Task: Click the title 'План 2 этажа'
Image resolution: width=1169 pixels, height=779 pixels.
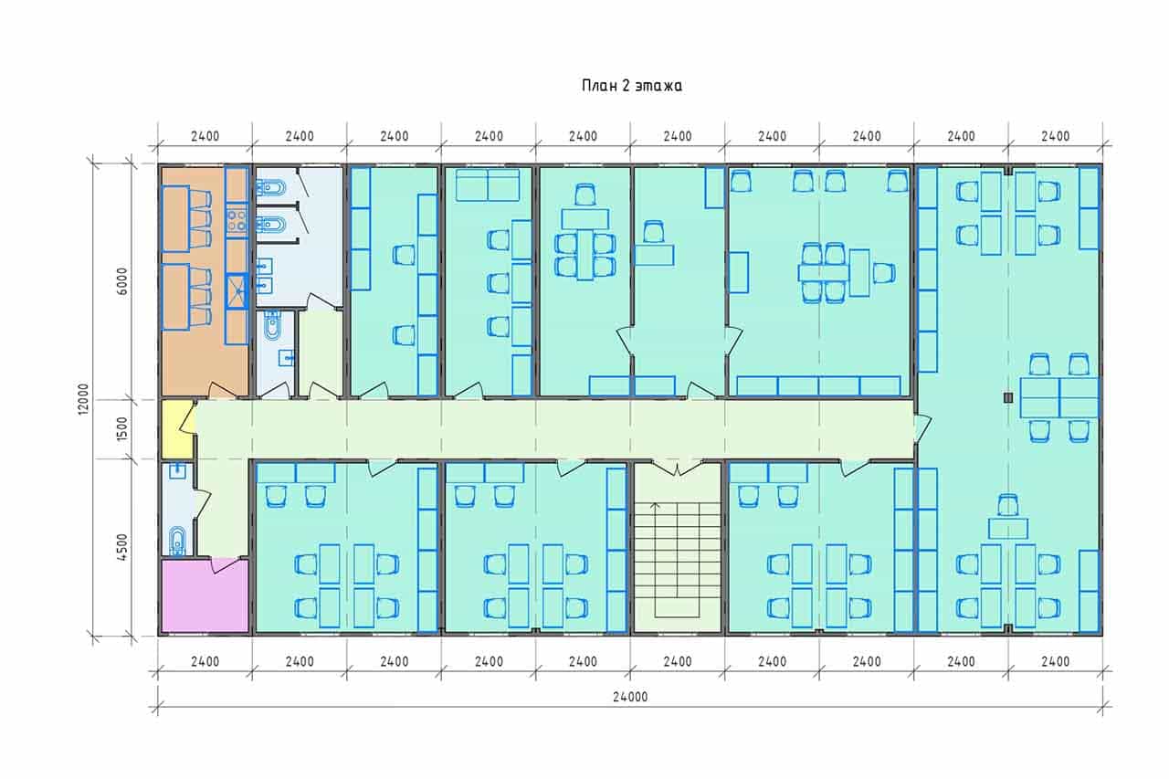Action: point(631,86)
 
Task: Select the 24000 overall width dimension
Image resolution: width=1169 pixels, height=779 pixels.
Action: point(630,697)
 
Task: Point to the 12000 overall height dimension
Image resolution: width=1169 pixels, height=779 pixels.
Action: point(83,399)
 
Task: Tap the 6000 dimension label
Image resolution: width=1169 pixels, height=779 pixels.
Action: point(121,281)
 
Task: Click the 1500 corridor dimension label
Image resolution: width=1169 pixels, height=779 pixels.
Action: point(121,428)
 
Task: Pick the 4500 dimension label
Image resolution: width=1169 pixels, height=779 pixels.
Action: point(121,547)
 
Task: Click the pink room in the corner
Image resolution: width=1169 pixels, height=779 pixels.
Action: point(204,596)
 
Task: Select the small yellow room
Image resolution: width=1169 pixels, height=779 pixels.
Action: point(176,429)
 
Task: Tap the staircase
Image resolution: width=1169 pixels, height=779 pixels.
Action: point(677,560)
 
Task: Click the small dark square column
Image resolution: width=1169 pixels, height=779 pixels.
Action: point(1007,397)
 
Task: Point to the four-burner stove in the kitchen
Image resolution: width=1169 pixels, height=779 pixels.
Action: point(237,220)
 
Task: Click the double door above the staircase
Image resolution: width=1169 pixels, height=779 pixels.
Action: point(677,468)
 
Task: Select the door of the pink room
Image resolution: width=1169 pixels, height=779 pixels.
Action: point(225,565)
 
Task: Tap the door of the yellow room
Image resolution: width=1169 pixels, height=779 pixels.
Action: point(188,416)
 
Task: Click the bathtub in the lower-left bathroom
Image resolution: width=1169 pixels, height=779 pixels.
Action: point(177,541)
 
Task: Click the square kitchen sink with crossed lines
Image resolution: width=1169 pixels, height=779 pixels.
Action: point(237,291)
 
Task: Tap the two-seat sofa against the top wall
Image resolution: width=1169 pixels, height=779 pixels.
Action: point(488,184)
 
